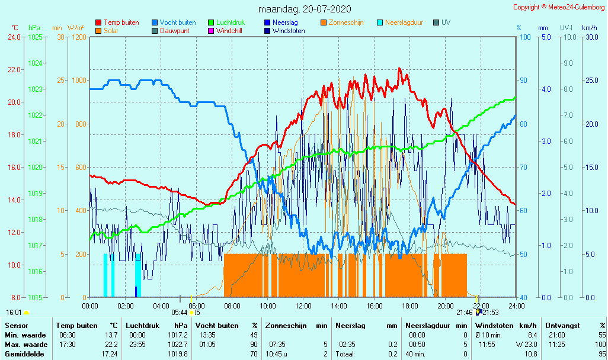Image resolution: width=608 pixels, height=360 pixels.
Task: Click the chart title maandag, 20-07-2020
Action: point(305,9)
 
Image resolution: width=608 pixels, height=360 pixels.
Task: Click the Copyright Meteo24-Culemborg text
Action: point(559,7)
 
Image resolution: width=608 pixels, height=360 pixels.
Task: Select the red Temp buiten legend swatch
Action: point(98,22)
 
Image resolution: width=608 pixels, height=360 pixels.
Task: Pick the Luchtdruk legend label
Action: point(232,22)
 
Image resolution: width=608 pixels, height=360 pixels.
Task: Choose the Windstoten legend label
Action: point(289,31)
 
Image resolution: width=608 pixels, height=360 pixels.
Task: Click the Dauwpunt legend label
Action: point(175,31)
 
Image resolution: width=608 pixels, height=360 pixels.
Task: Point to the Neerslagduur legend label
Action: point(404,22)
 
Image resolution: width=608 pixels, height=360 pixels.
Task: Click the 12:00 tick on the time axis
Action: point(303,306)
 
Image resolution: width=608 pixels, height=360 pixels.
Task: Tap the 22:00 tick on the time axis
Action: point(481,306)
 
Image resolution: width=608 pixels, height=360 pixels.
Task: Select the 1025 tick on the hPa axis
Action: point(35,37)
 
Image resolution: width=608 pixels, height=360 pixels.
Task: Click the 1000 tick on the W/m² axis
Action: point(79,81)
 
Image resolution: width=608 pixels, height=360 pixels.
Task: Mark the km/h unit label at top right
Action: point(589,28)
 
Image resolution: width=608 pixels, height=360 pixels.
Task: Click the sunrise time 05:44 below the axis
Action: point(180,312)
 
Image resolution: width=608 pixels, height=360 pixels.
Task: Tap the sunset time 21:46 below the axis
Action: point(465,312)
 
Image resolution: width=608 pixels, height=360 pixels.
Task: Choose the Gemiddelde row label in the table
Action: point(23,353)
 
